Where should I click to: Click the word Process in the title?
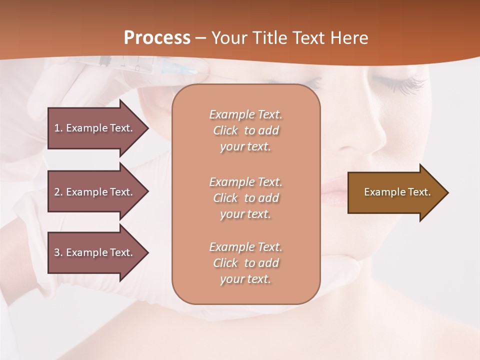(157, 38)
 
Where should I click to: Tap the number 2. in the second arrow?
(58, 192)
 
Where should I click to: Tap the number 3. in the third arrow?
(58, 252)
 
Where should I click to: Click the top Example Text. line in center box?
(245, 114)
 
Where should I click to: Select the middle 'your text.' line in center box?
(245, 214)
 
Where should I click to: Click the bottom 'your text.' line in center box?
(245, 279)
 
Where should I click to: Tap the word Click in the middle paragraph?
(225, 198)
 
